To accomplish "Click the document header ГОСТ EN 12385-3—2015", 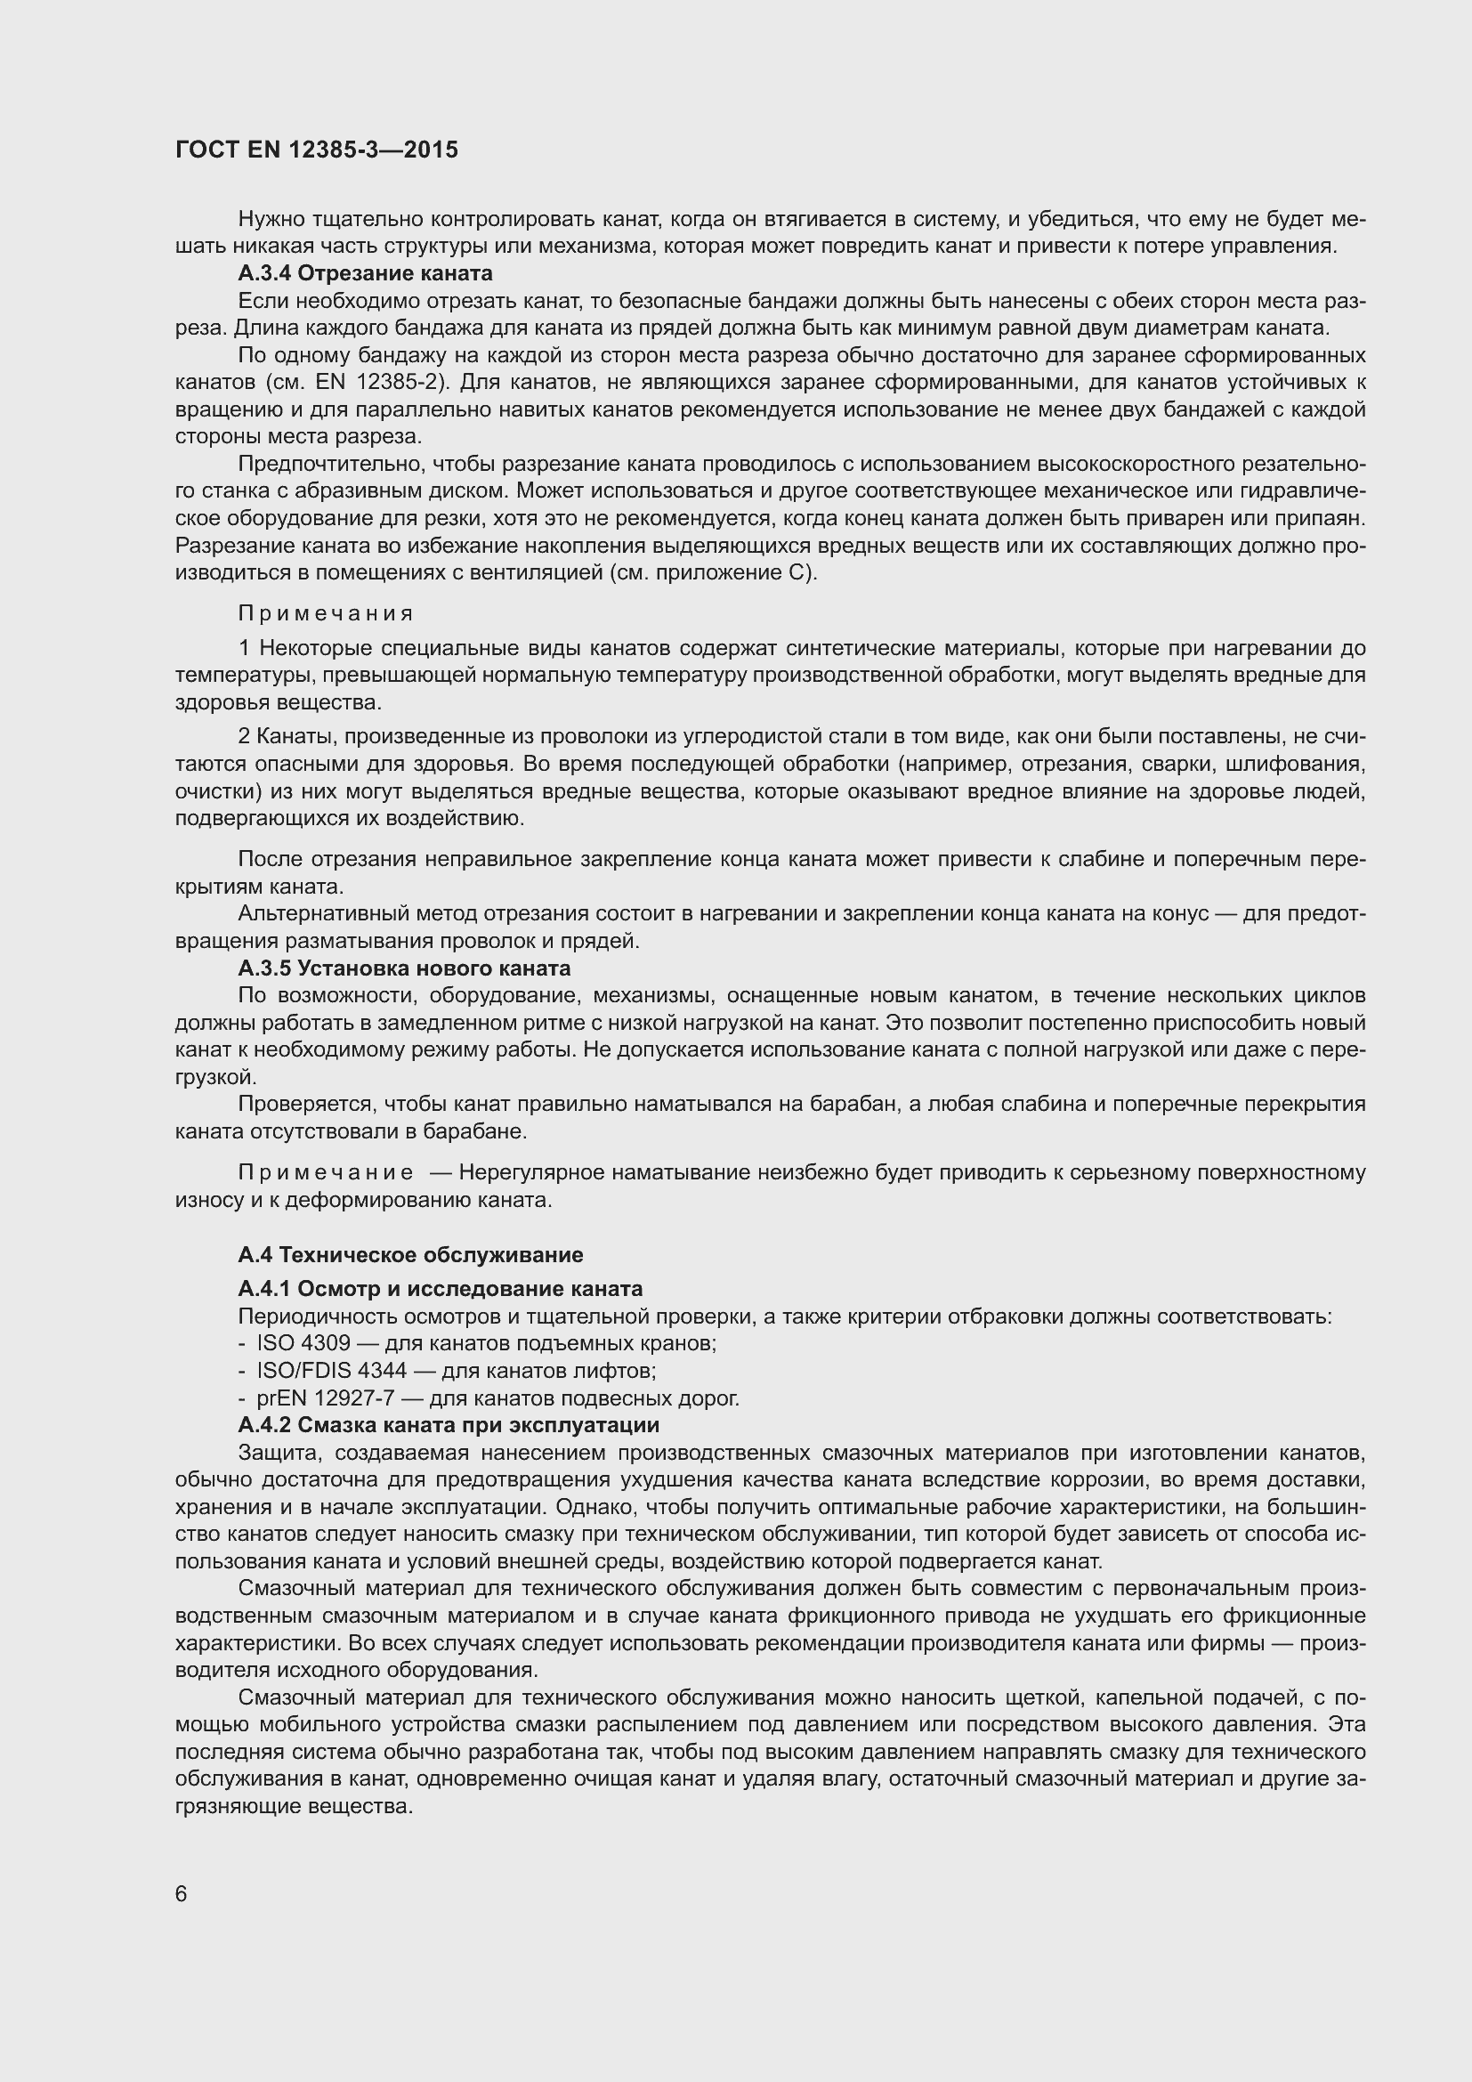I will tap(316, 150).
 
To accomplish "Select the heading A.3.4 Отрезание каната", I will tap(365, 273).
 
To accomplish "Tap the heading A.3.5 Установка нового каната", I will tap(404, 968).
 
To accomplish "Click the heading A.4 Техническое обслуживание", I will tap(410, 1254).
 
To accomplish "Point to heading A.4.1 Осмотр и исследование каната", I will tap(440, 1289).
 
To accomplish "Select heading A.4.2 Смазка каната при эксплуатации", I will tap(448, 1424).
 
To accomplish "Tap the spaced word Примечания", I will tap(326, 614).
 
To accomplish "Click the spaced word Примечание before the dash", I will tap(326, 1172).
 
